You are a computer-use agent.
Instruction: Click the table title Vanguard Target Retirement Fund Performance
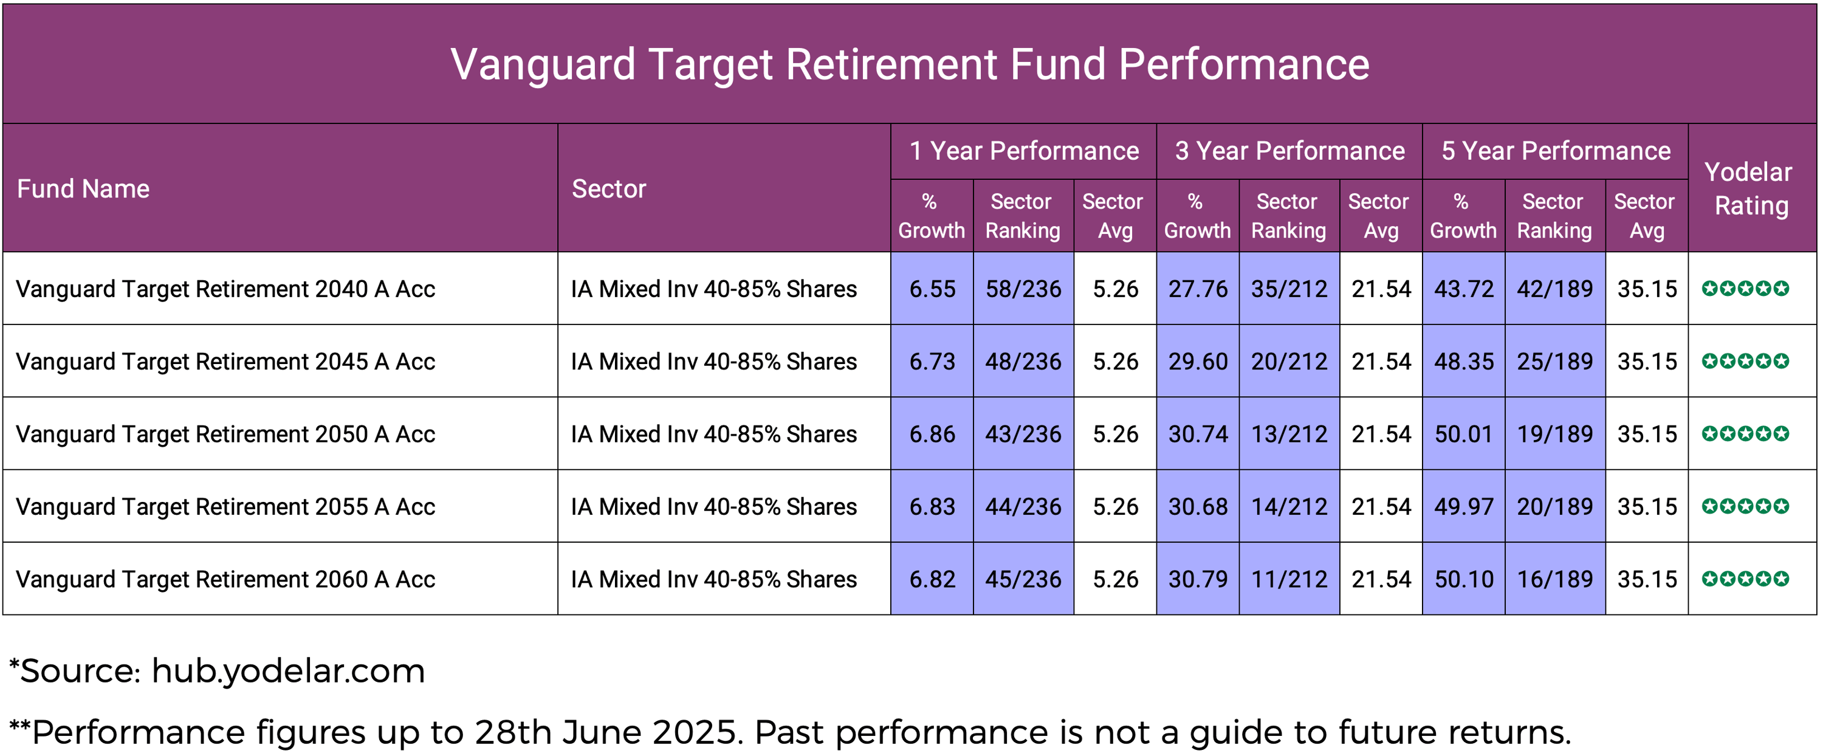(910, 64)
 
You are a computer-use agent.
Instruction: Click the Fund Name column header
(83, 189)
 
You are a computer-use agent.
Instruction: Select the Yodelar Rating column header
(1750, 188)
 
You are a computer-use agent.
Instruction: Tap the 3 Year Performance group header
(1289, 151)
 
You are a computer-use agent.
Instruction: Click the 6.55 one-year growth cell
(932, 289)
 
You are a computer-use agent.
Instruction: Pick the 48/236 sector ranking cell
(1023, 362)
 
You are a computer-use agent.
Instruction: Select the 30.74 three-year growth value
(1197, 434)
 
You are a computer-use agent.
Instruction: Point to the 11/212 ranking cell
(1289, 579)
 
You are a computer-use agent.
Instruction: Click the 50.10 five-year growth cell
(1463, 579)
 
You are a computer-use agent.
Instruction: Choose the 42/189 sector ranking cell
(1554, 289)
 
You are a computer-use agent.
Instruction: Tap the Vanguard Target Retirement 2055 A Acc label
(225, 507)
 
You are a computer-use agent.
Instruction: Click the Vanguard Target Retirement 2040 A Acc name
(225, 289)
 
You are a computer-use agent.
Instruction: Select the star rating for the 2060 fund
(1745, 579)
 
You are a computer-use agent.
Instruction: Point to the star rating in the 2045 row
(1745, 361)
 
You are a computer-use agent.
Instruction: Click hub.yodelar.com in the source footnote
(288, 671)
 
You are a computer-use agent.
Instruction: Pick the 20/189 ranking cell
(1554, 507)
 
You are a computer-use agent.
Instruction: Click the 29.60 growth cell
(1197, 362)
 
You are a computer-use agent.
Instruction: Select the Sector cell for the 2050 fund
(713, 434)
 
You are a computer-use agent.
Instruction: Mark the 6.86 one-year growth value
(932, 434)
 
